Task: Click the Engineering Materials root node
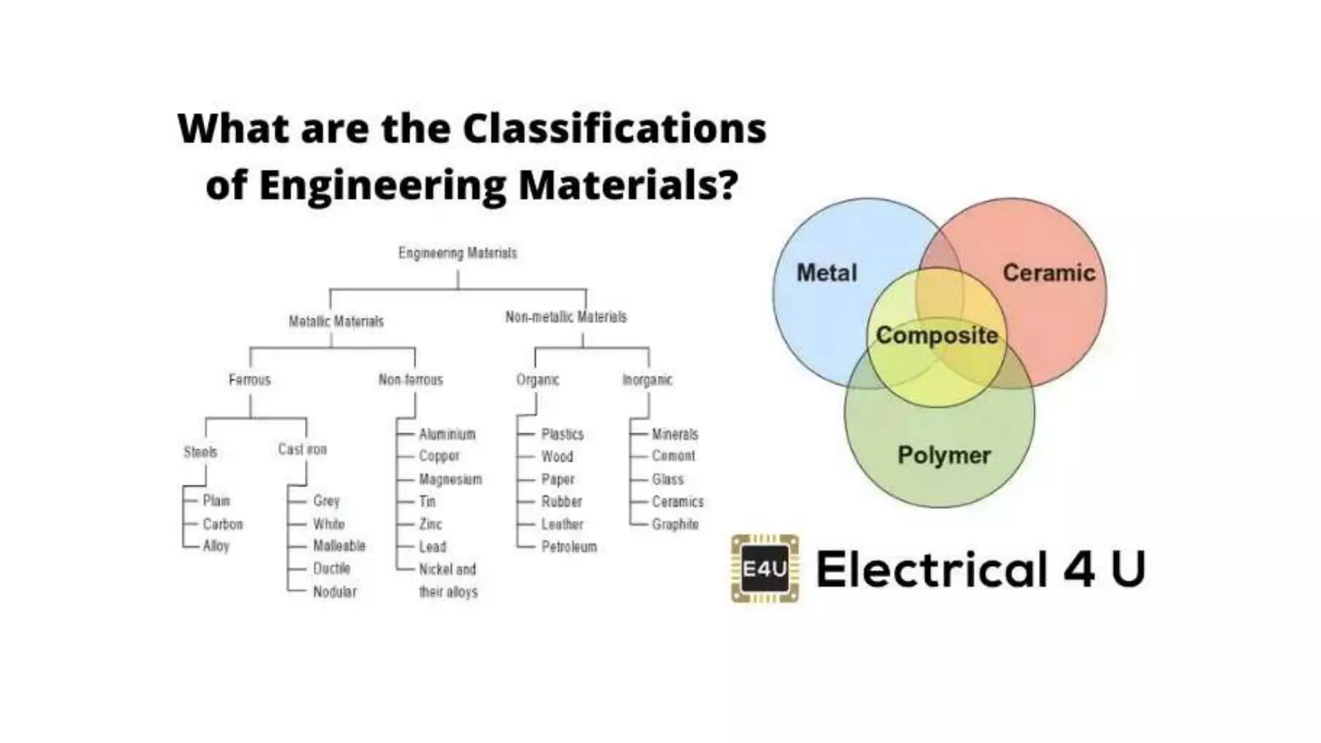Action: tap(457, 253)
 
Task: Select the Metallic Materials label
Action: tap(336, 321)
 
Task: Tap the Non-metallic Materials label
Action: tap(566, 317)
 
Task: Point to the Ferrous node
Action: tap(250, 379)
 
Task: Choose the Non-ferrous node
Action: tap(411, 379)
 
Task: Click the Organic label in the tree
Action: tap(537, 379)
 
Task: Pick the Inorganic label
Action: tap(647, 379)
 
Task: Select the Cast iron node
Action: tap(303, 449)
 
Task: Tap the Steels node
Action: tap(200, 451)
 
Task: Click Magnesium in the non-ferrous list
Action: tap(450, 479)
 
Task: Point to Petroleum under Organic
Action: tap(569, 547)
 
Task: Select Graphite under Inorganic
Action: tap(675, 524)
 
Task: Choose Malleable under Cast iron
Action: tap(339, 546)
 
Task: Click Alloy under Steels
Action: tap(216, 546)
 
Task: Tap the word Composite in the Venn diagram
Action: tap(937, 335)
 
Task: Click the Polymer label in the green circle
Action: tap(944, 455)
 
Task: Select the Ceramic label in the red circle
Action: tap(1049, 273)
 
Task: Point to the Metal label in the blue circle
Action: tap(826, 273)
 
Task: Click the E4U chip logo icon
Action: tap(765, 568)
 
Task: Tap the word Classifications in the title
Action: tap(614, 128)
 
